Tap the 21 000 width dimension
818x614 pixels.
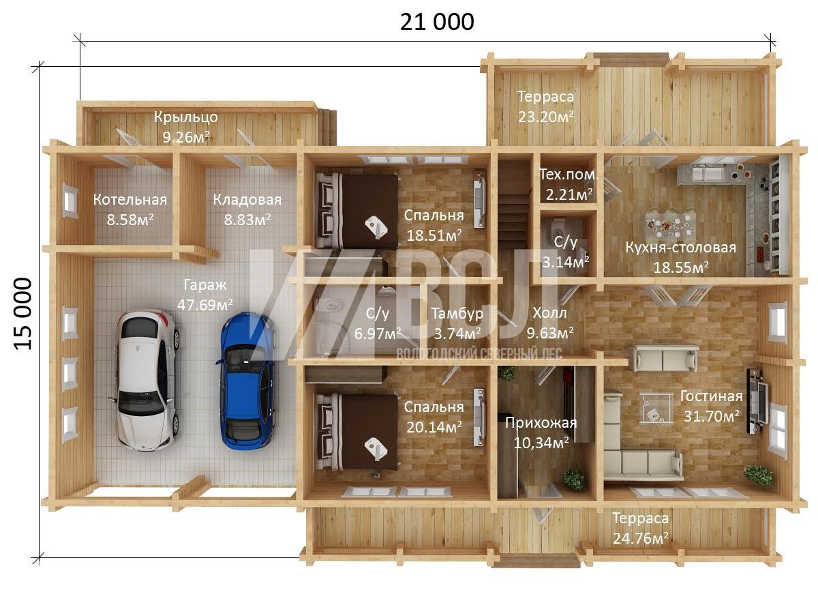437,22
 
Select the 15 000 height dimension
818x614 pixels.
23,314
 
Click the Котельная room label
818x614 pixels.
130,200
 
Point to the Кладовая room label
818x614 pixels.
247,200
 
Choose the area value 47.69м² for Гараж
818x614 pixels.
205,304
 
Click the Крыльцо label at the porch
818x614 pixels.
186,117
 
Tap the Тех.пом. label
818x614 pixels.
569,174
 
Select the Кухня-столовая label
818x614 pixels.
680,247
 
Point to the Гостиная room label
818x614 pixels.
712,396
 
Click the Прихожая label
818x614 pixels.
541,423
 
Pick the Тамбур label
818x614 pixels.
457,314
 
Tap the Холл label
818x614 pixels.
549,312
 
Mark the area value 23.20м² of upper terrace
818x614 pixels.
546,117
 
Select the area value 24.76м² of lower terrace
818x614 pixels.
641,538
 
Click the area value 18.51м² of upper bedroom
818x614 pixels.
434,235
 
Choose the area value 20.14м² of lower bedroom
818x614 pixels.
434,427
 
